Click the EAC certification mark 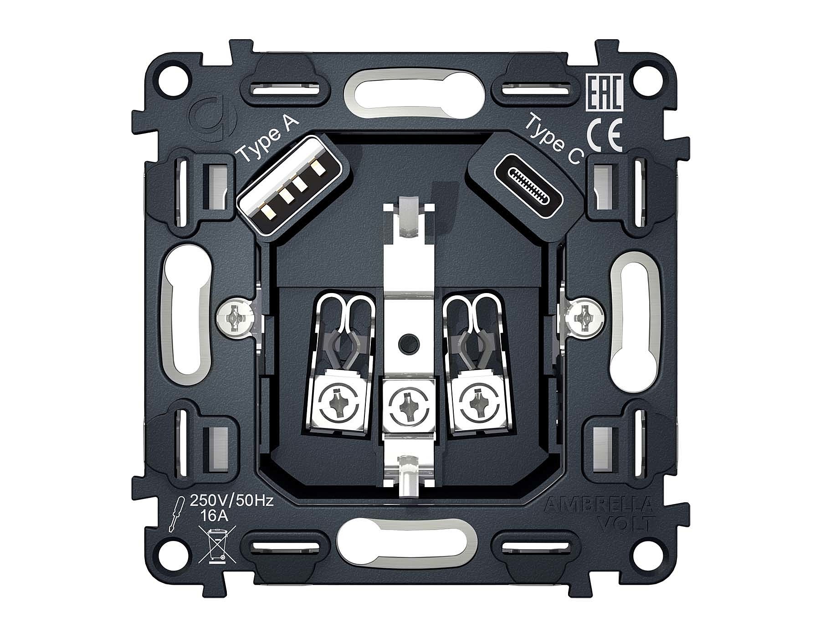(x=603, y=93)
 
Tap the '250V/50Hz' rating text (x=231, y=501)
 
